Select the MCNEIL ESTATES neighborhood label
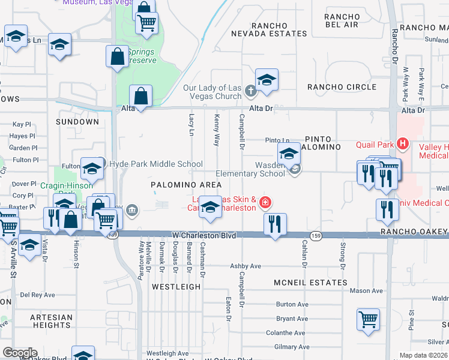pos(310,282)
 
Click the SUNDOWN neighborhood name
pos(77,122)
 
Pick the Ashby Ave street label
pos(246,266)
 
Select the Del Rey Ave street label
pos(37,295)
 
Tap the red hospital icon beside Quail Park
pos(403,144)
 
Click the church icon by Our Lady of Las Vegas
pos(251,91)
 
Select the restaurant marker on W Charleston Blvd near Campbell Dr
pos(275,225)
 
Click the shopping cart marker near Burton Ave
pos(368,319)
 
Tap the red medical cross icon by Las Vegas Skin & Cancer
pos(264,204)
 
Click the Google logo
pos(20,353)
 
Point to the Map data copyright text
pos(424,355)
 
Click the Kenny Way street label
pos(217,130)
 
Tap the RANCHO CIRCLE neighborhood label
pos(342,87)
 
